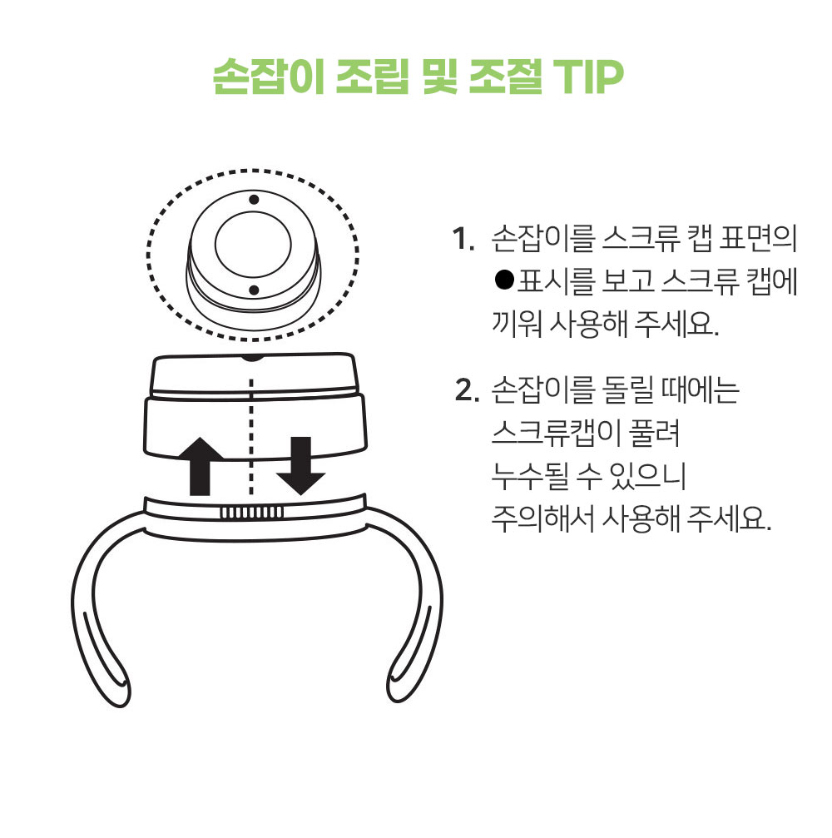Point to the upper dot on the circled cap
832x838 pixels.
(x=254, y=200)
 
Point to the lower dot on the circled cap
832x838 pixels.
(x=254, y=289)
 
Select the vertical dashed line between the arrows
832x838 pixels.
(x=251, y=433)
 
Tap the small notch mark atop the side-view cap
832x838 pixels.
(x=252, y=357)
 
